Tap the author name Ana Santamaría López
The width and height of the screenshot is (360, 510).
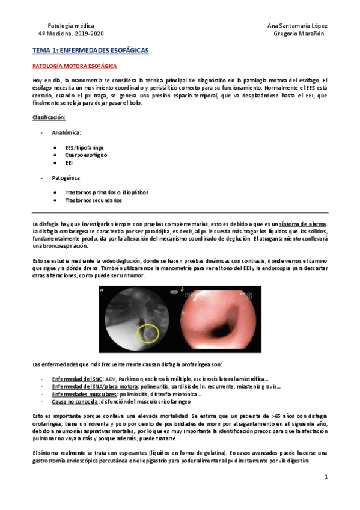(297, 26)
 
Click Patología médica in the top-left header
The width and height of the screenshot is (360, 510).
(69, 26)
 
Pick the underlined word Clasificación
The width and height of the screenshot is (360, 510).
(49, 117)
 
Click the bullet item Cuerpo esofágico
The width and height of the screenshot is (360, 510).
(87, 155)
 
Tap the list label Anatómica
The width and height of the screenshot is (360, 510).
(67, 132)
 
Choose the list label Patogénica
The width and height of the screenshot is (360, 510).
(67, 178)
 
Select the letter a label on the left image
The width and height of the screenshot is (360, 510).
(103, 291)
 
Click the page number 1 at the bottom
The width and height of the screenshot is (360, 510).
(325, 477)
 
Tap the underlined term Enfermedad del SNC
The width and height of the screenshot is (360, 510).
(78, 379)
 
